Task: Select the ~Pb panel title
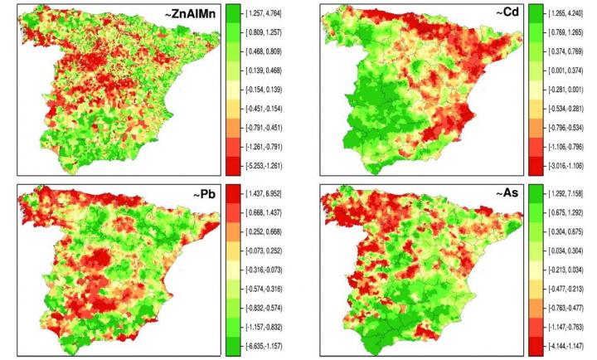point(200,197)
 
